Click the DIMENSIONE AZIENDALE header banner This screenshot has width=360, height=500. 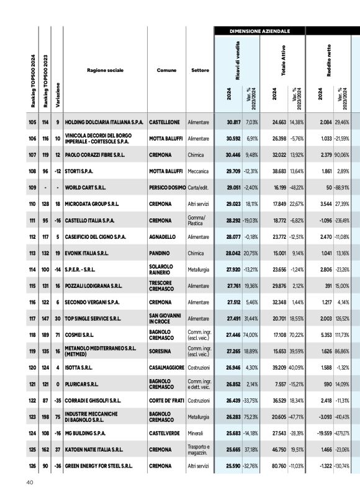pos(258,30)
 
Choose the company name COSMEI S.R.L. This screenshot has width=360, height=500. pos(80,333)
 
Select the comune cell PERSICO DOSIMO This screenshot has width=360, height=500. pos(167,187)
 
